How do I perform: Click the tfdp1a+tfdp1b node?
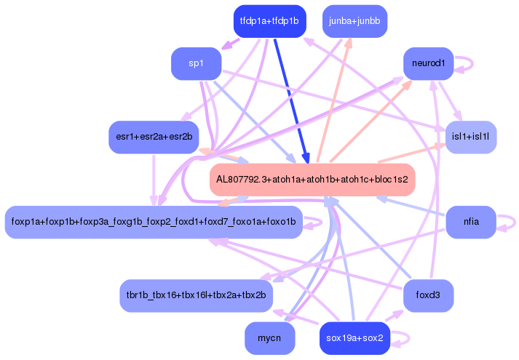[269, 20]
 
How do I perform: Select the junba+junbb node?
[354, 20]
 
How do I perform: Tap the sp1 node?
[196, 64]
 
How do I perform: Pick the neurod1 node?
[429, 64]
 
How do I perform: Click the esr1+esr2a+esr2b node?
[154, 137]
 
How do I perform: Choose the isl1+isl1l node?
[470, 137]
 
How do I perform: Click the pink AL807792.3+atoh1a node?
[312, 179]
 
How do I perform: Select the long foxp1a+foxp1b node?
[154, 222]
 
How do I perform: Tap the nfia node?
[470, 222]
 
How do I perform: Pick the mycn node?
[269, 338]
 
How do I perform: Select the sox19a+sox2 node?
[354, 338]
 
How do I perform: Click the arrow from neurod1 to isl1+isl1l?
[452, 102]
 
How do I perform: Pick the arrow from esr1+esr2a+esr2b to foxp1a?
[154, 179]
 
